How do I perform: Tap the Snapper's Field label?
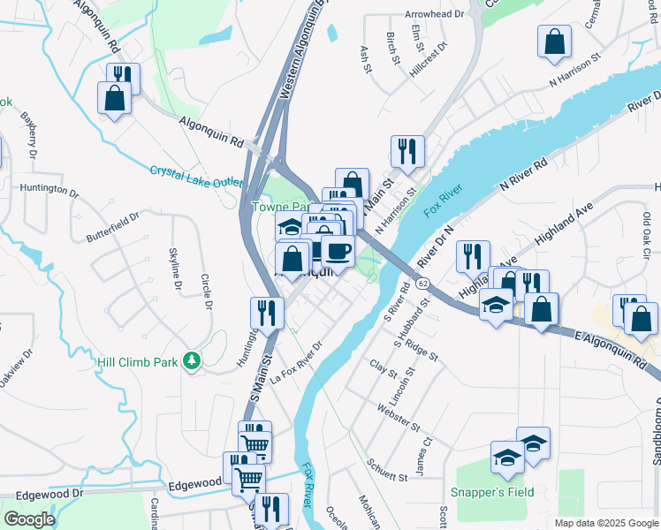(x=493, y=492)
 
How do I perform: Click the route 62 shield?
(x=423, y=284)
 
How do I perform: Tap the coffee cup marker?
(x=337, y=251)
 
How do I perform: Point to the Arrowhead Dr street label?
(x=434, y=15)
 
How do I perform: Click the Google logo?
(x=29, y=519)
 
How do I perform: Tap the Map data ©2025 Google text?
(x=605, y=523)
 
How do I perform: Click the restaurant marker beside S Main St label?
(x=266, y=313)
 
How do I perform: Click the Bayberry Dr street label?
(x=32, y=135)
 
